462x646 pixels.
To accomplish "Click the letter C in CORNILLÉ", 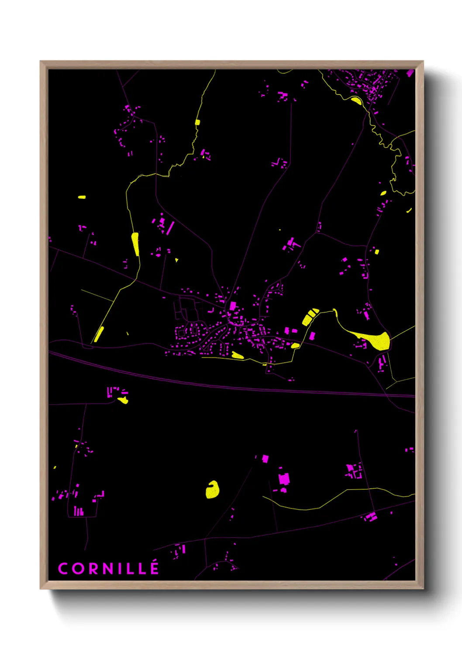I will (62, 569).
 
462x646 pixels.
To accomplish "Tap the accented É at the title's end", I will (154, 568).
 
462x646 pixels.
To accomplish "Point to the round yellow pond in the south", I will (212, 490).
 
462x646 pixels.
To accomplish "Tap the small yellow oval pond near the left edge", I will (82, 197).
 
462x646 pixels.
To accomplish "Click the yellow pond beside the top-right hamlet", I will (356, 101).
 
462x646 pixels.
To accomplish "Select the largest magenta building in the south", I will (284, 479).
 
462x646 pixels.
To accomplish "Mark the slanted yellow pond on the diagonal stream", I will (99, 334).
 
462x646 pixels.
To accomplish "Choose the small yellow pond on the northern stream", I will (197, 122).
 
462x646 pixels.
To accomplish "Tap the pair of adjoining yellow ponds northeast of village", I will (310, 316).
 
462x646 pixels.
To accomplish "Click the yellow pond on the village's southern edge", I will (237, 355).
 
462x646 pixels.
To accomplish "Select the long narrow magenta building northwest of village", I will (170, 228).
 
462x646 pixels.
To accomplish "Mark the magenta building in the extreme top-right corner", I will (410, 73).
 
